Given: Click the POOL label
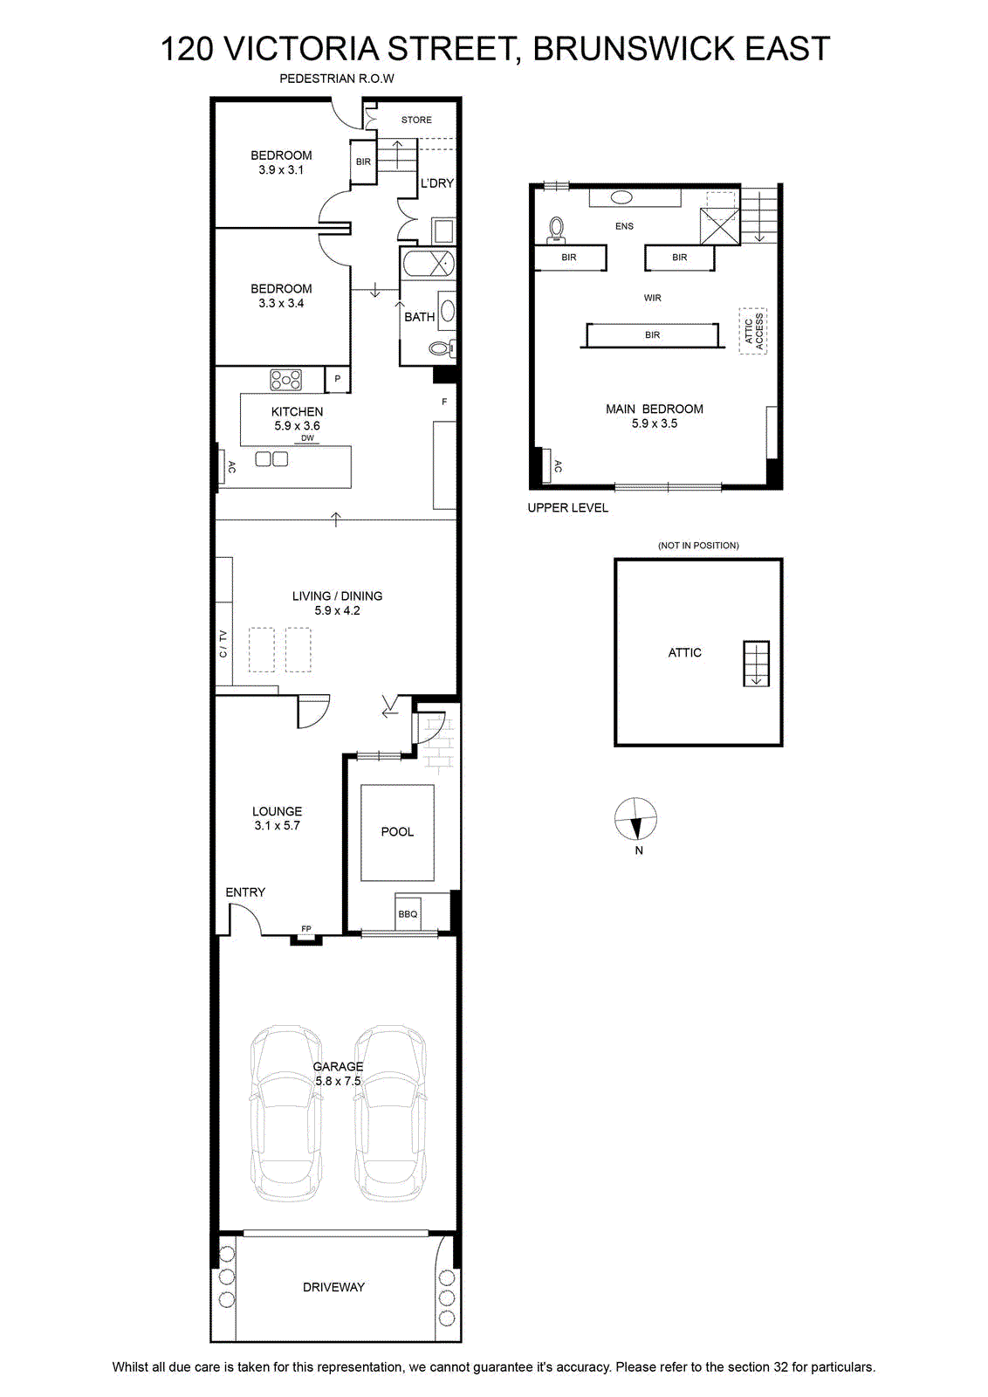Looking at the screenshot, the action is click(x=397, y=831).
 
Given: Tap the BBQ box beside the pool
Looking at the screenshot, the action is click(x=408, y=913).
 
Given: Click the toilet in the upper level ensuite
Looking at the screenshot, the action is click(x=555, y=230).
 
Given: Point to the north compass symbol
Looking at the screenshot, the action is click(x=635, y=819).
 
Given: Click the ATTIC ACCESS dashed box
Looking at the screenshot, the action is click(x=752, y=331).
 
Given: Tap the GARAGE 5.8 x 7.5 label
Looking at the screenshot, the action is click(x=338, y=1073).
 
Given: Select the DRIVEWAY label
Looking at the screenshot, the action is click(x=333, y=1287).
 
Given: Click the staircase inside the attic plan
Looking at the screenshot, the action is click(x=756, y=664).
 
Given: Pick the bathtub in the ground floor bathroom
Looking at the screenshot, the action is click(x=429, y=263).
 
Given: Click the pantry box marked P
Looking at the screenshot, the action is click(x=337, y=379).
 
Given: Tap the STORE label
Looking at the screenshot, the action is click(x=416, y=120).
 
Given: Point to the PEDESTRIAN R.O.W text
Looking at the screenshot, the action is click(x=337, y=79).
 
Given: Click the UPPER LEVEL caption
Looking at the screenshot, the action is click(x=568, y=507).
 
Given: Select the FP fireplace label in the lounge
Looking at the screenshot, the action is click(x=306, y=929).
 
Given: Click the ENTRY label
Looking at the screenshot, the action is click(x=245, y=892).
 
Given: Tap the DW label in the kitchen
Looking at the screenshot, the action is click(x=308, y=438).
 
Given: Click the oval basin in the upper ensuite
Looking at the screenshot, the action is click(x=621, y=197).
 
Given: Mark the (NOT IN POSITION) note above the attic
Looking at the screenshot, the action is click(x=698, y=545).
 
